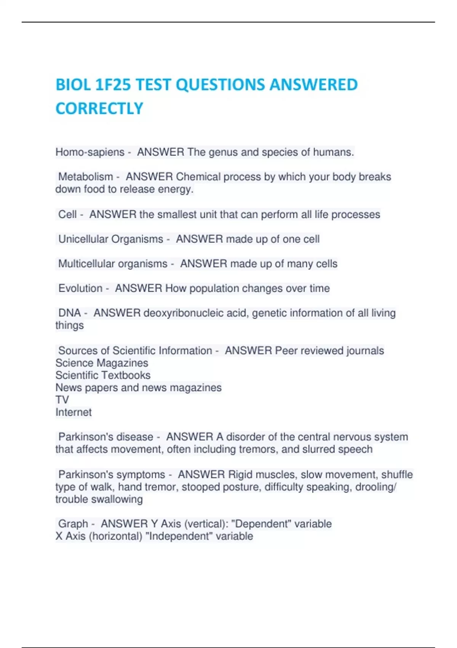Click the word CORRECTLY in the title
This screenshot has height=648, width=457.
pyautogui.click(x=99, y=109)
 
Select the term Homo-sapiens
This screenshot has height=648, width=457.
pyautogui.click(x=90, y=152)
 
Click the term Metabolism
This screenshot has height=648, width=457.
pyautogui.click(x=86, y=177)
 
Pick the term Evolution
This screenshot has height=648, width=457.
pyautogui.click(x=80, y=289)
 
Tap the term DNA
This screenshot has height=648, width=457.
pyautogui.click(x=70, y=313)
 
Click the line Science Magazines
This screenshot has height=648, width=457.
pyautogui.click(x=102, y=363)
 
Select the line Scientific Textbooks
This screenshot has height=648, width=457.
pyautogui.click(x=103, y=375)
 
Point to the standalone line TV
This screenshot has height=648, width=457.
pyautogui.click(x=62, y=400)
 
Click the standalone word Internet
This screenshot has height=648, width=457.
pyautogui.click(x=74, y=412)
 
